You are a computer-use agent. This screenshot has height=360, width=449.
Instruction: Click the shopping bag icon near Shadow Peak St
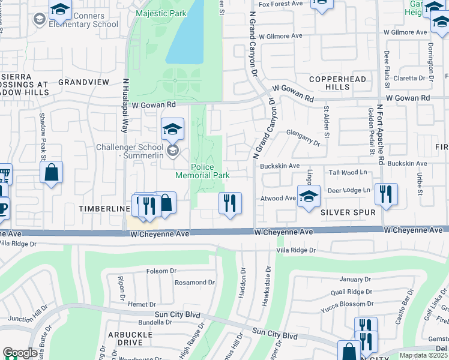(x=52, y=173)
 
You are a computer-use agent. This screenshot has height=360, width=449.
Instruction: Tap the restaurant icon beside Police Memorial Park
(x=231, y=203)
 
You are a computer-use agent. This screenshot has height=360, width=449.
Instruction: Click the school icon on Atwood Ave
(x=309, y=197)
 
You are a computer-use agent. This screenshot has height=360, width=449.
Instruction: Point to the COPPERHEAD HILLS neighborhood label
(x=329, y=83)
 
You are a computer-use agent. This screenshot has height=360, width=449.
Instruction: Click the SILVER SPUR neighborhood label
(x=348, y=212)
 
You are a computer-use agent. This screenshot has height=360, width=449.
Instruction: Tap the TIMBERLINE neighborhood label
(x=105, y=208)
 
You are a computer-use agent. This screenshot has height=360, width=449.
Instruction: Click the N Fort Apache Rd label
(x=380, y=135)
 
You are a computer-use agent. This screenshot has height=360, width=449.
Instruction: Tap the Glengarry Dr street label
(x=303, y=139)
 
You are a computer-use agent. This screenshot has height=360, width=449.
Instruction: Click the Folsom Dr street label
(x=161, y=271)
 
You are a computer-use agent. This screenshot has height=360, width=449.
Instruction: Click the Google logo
(x=20, y=353)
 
